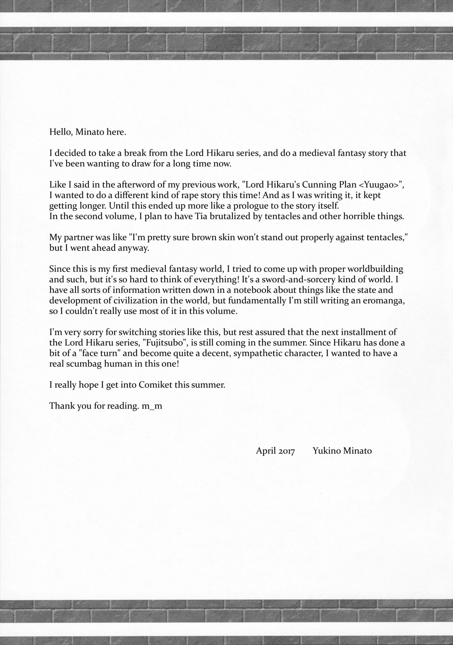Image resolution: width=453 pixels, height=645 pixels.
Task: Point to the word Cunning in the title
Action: (281, 185)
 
